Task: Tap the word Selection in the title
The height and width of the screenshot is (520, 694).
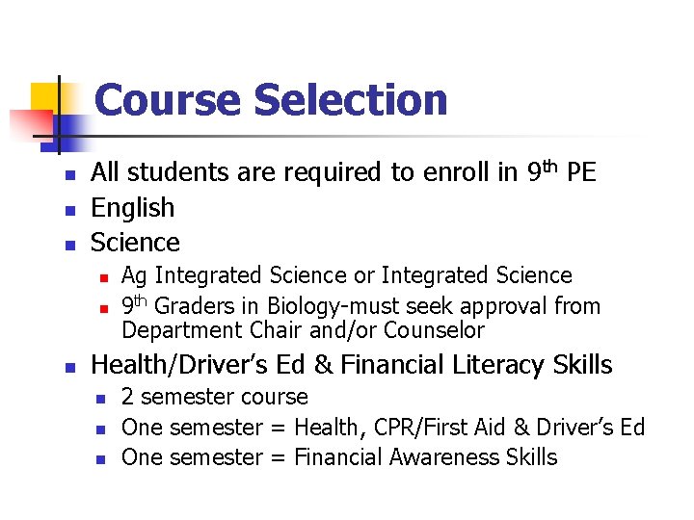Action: click(350, 100)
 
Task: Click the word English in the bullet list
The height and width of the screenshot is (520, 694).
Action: click(132, 208)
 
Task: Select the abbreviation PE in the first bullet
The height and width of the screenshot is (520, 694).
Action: click(581, 173)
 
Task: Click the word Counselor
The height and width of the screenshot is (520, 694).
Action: click(434, 331)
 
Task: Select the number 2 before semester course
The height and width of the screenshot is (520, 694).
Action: click(128, 397)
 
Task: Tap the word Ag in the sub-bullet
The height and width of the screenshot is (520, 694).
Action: click(134, 276)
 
